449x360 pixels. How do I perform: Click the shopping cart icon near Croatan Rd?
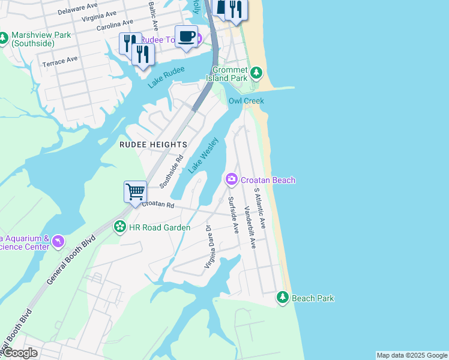tap(136, 191)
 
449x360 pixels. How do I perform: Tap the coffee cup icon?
tap(186, 36)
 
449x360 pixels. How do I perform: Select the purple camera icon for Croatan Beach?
tap(231, 179)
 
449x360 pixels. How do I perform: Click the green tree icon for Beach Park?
tap(283, 298)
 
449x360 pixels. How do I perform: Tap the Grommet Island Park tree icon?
tap(256, 73)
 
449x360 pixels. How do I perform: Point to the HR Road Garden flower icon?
tap(120, 227)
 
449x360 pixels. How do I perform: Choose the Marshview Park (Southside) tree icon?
tap(4, 38)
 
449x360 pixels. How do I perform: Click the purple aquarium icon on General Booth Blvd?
tap(58, 241)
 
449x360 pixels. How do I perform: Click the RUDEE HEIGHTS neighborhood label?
tap(153, 145)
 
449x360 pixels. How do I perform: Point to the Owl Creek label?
tap(246, 101)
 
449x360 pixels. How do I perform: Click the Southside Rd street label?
tap(171, 171)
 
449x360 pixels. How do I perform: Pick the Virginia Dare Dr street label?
tap(209, 247)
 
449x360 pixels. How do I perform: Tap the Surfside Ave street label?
tap(232, 214)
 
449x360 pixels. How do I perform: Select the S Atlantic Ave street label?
tap(259, 207)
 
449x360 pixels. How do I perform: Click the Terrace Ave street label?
tap(60, 61)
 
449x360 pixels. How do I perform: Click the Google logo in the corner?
tap(20, 353)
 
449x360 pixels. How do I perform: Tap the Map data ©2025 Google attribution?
tap(411, 355)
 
